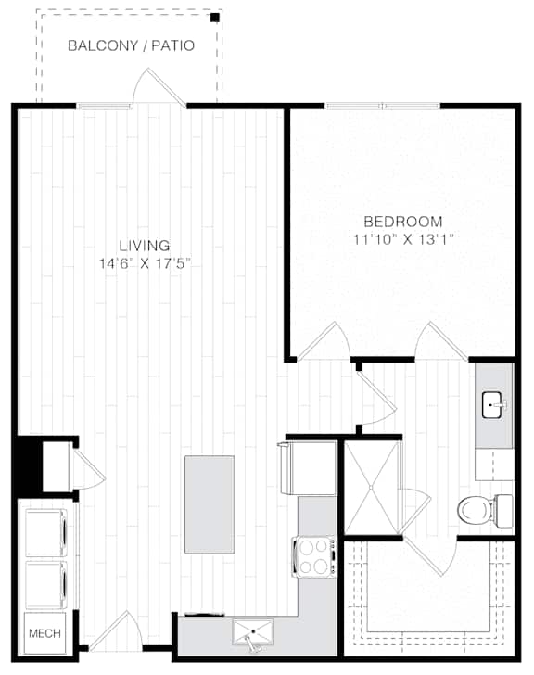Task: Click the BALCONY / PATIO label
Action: (132, 45)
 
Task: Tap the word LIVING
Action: (145, 246)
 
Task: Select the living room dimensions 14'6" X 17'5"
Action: (145, 263)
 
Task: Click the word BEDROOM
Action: (403, 222)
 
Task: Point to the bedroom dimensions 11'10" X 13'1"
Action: (403, 239)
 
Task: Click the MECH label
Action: (44, 633)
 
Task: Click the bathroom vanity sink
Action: (493, 405)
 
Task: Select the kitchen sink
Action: (253, 631)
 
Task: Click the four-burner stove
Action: (314, 556)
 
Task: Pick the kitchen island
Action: (210, 504)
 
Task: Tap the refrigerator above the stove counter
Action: (308, 467)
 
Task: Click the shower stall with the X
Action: (372, 488)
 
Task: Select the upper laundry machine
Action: (46, 532)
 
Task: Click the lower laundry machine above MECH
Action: (46, 585)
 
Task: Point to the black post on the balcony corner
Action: (215, 18)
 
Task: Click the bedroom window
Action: (383, 106)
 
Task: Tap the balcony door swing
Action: (159, 86)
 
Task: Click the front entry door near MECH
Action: (116, 630)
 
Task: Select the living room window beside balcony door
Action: (104, 106)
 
